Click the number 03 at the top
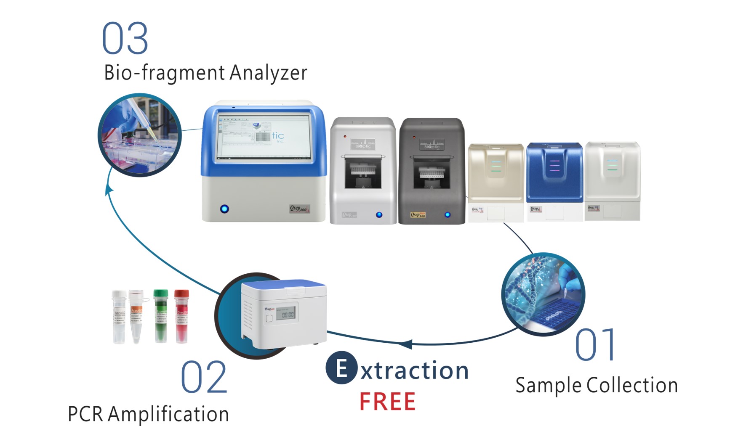click(x=125, y=39)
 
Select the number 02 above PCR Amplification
click(x=204, y=377)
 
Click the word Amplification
click(x=168, y=414)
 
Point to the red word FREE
click(x=387, y=402)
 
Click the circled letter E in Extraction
click(x=341, y=368)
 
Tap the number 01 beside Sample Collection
click(x=595, y=345)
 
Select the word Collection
click(x=632, y=385)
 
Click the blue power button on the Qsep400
click(x=224, y=209)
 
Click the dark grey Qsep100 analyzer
click(x=432, y=170)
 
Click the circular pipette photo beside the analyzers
click(x=139, y=135)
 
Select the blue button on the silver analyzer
click(x=379, y=215)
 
